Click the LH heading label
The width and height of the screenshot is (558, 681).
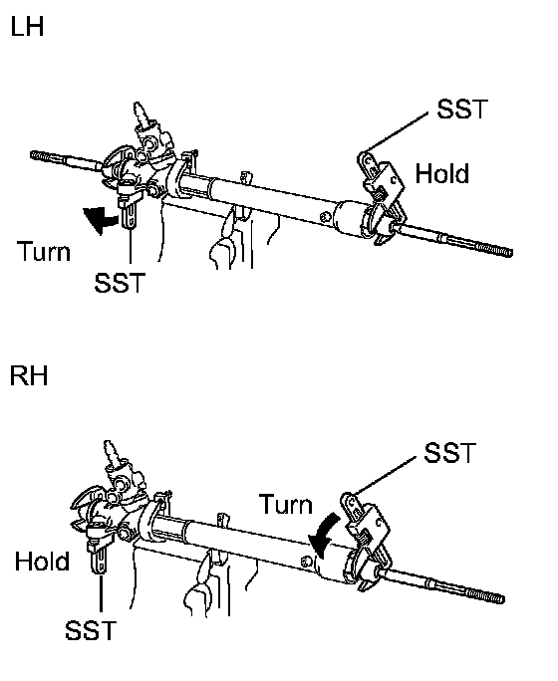pos(27,26)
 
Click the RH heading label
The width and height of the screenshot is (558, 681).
pos(28,375)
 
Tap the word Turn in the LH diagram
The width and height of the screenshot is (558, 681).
pos(44,252)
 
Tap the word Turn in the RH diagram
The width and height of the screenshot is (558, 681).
pos(286,504)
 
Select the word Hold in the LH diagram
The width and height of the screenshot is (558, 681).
pos(442,173)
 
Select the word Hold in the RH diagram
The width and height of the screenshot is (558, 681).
pos(42,562)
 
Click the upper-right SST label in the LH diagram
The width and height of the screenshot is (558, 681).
pos(462,109)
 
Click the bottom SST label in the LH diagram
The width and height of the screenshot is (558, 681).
pos(120,283)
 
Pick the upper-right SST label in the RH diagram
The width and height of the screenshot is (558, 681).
pos(449,453)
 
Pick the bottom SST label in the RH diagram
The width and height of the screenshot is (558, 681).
pos(91,630)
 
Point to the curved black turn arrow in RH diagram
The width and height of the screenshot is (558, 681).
pos(325,535)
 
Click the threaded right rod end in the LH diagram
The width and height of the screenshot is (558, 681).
pos(493,249)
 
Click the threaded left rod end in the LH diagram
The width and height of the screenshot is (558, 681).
pos(48,156)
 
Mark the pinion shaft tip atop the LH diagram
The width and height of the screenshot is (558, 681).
pos(139,107)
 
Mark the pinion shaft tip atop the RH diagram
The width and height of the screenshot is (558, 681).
pos(109,445)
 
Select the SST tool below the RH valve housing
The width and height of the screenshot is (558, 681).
pos(99,550)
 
